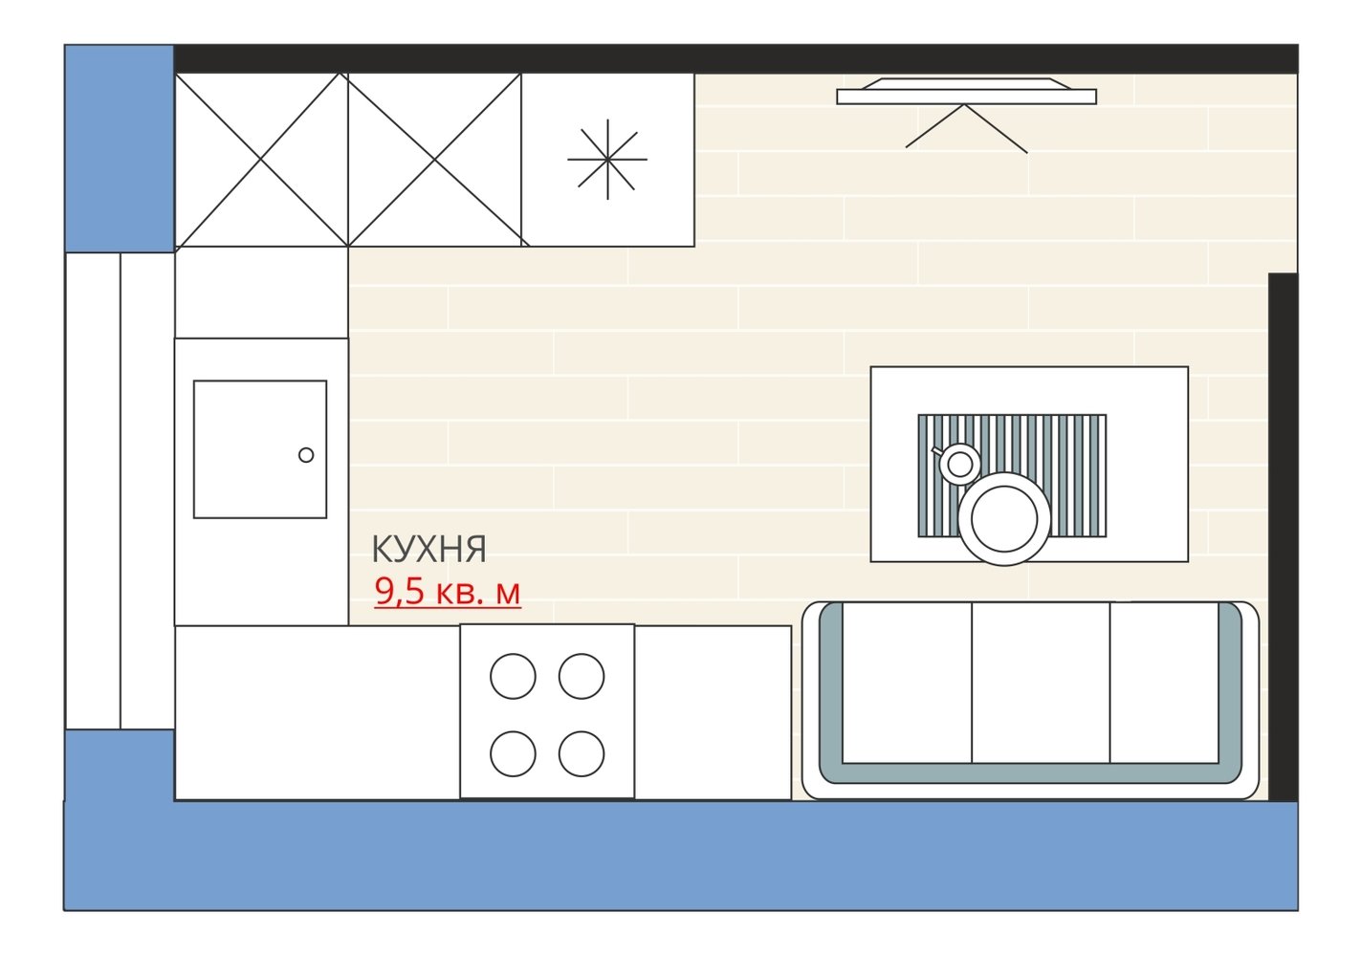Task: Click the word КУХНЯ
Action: tap(428, 549)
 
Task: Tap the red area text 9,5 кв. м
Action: tap(448, 591)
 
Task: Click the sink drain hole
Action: tap(306, 455)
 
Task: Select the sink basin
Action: tap(260, 449)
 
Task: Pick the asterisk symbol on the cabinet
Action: tap(607, 159)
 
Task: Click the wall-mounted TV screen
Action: tap(966, 93)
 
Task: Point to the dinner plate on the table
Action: tap(1004, 519)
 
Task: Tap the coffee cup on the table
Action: tap(958, 464)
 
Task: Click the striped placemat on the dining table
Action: tap(1012, 475)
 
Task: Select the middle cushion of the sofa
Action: tap(1041, 683)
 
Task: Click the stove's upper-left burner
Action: tap(513, 676)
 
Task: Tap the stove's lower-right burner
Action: tap(582, 753)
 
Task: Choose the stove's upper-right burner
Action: tap(582, 676)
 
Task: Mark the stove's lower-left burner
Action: tap(513, 753)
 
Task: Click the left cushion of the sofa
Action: tap(907, 683)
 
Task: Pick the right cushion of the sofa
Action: tap(1165, 683)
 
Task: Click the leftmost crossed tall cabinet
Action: tap(261, 160)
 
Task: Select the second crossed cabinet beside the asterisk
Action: tap(434, 160)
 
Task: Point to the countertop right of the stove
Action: tap(713, 712)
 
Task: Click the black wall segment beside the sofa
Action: tap(1283, 537)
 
